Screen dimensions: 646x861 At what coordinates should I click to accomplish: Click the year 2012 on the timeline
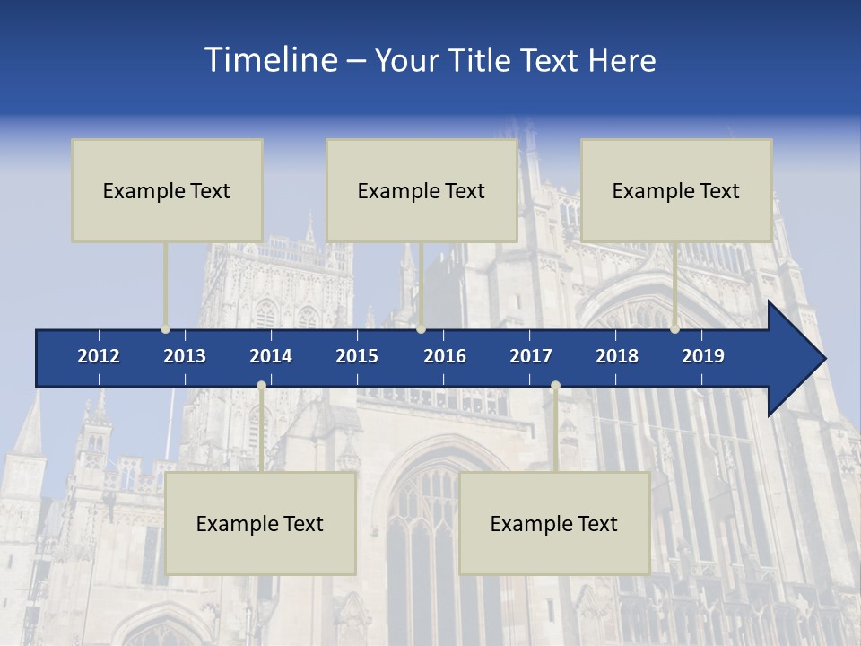[x=99, y=356]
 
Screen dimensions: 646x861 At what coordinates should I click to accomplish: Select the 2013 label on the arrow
[x=185, y=356]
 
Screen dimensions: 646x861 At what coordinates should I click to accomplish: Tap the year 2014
[x=271, y=356]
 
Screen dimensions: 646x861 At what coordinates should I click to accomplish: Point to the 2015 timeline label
[x=357, y=356]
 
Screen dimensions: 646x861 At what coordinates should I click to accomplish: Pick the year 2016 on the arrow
[x=445, y=356]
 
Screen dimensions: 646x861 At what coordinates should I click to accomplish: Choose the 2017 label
[x=531, y=356]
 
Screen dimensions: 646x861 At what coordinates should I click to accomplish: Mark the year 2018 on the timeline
[x=617, y=356]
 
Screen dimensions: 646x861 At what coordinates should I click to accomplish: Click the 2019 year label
[x=703, y=356]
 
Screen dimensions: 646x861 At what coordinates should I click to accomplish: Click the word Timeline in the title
[x=269, y=60]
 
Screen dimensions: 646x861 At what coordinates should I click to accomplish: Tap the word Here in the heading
[x=622, y=61]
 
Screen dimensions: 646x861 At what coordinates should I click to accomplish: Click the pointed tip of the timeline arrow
[x=822, y=359]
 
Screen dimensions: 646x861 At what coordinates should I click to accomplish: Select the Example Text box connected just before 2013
[x=167, y=190]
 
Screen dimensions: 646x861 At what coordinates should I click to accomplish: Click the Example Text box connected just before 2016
[x=422, y=190]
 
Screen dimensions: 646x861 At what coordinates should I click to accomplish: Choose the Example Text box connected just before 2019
[x=676, y=190]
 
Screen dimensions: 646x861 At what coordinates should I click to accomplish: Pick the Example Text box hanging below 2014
[x=260, y=523]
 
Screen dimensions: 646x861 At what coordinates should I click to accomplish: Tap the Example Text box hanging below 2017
[x=554, y=523]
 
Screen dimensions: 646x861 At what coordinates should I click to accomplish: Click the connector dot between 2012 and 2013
[x=166, y=328]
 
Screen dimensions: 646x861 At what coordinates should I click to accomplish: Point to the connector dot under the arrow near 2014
[x=261, y=386]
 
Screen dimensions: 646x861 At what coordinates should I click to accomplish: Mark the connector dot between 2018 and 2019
[x=674, y=328]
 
